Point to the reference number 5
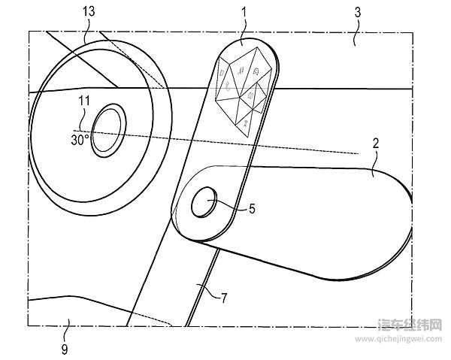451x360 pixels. [252, 210]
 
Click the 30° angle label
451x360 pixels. [80, 139]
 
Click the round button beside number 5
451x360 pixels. [204, 203]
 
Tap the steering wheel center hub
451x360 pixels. [108, 130]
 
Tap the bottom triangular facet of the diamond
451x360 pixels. [245, 119]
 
